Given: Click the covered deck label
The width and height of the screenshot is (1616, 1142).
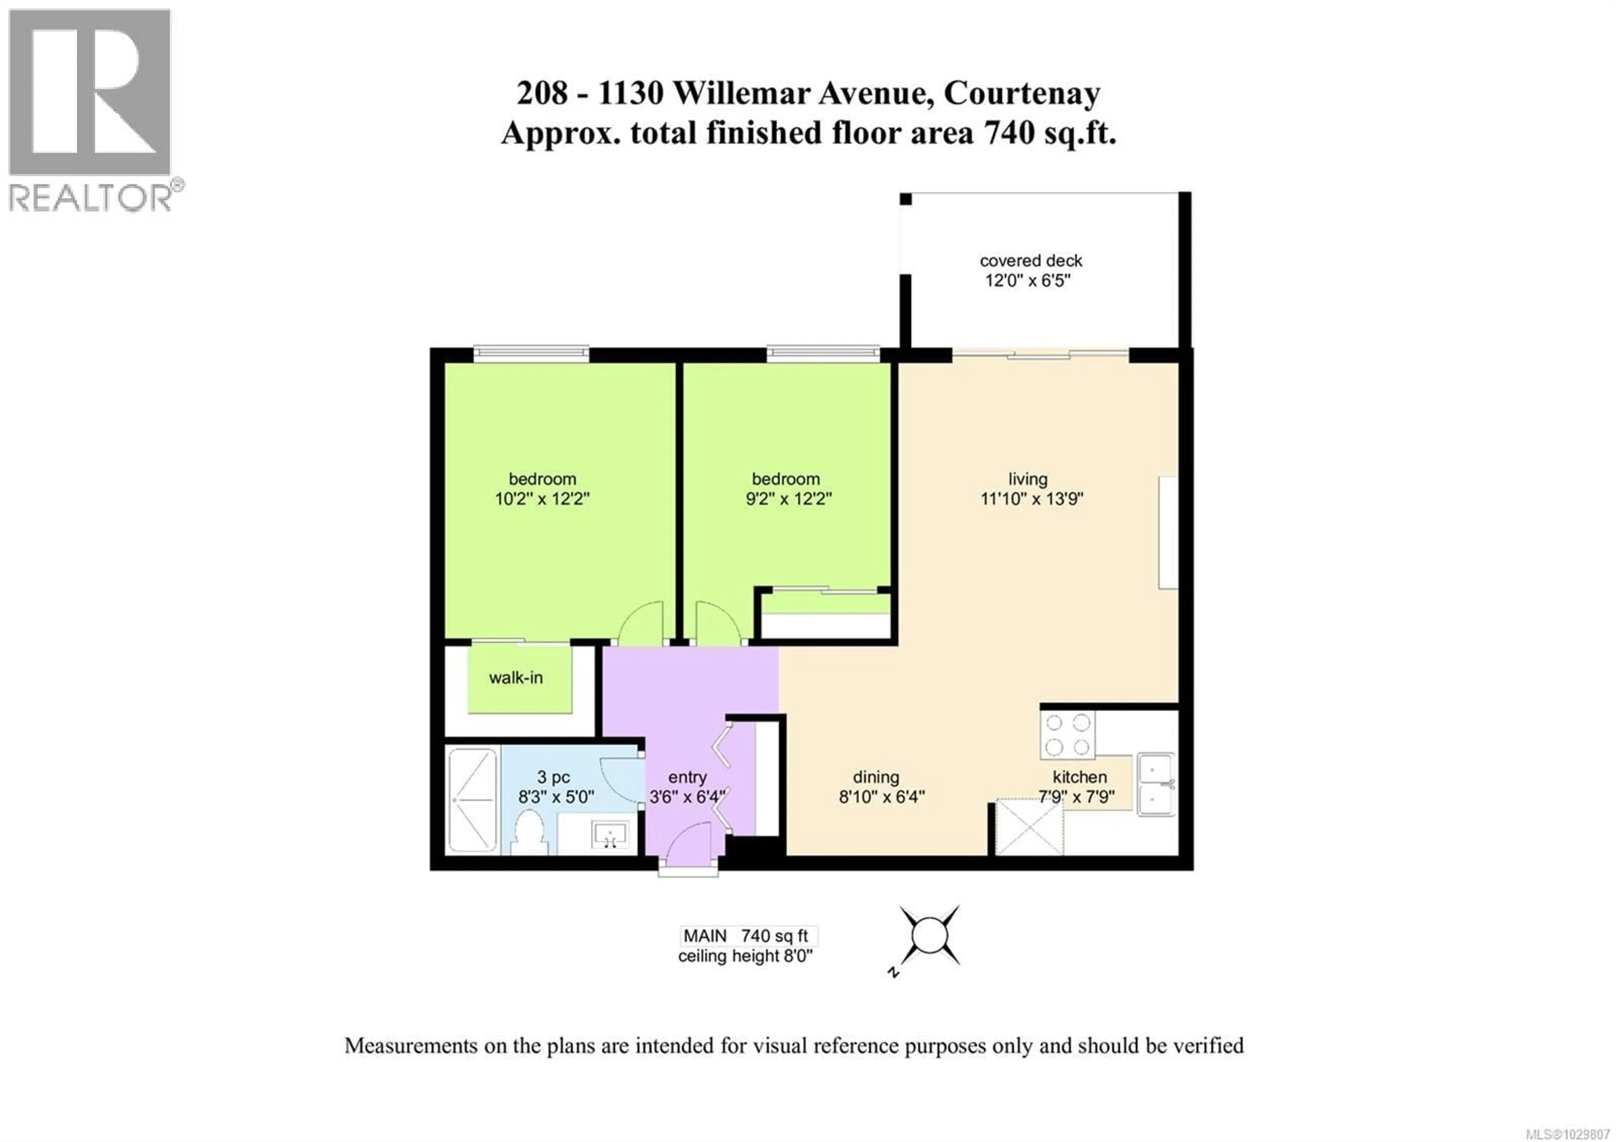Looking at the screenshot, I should coord(1031,261).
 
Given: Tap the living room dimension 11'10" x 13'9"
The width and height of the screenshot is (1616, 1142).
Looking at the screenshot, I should coord(1031,499).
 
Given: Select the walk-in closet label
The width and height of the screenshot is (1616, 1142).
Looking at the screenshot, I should coord(516,678).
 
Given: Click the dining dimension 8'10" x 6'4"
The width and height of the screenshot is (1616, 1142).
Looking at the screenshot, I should coord(881,797).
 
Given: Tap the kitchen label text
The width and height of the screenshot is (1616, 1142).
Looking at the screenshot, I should coord(1080,777).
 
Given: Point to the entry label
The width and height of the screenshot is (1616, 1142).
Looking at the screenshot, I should coord(687,777).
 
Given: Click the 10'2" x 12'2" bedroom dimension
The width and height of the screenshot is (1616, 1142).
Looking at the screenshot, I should coord(542,499).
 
